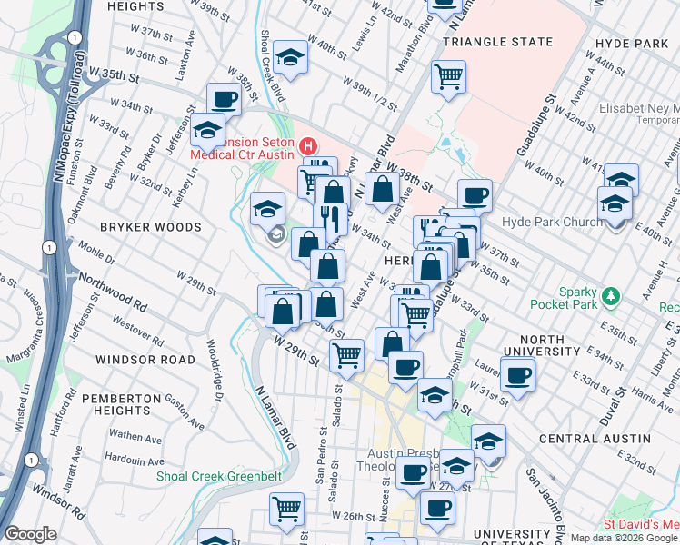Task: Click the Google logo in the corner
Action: [x=30, y=534]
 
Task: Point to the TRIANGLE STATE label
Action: [x=497, y=42]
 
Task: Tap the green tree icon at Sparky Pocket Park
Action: [x=613, y=295]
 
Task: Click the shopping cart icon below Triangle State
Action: [x=448, y=76]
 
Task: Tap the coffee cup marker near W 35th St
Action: [x=224, y=99]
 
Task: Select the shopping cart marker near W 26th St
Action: [x=287, y=510]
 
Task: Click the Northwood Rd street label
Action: [x=113, y=290]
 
